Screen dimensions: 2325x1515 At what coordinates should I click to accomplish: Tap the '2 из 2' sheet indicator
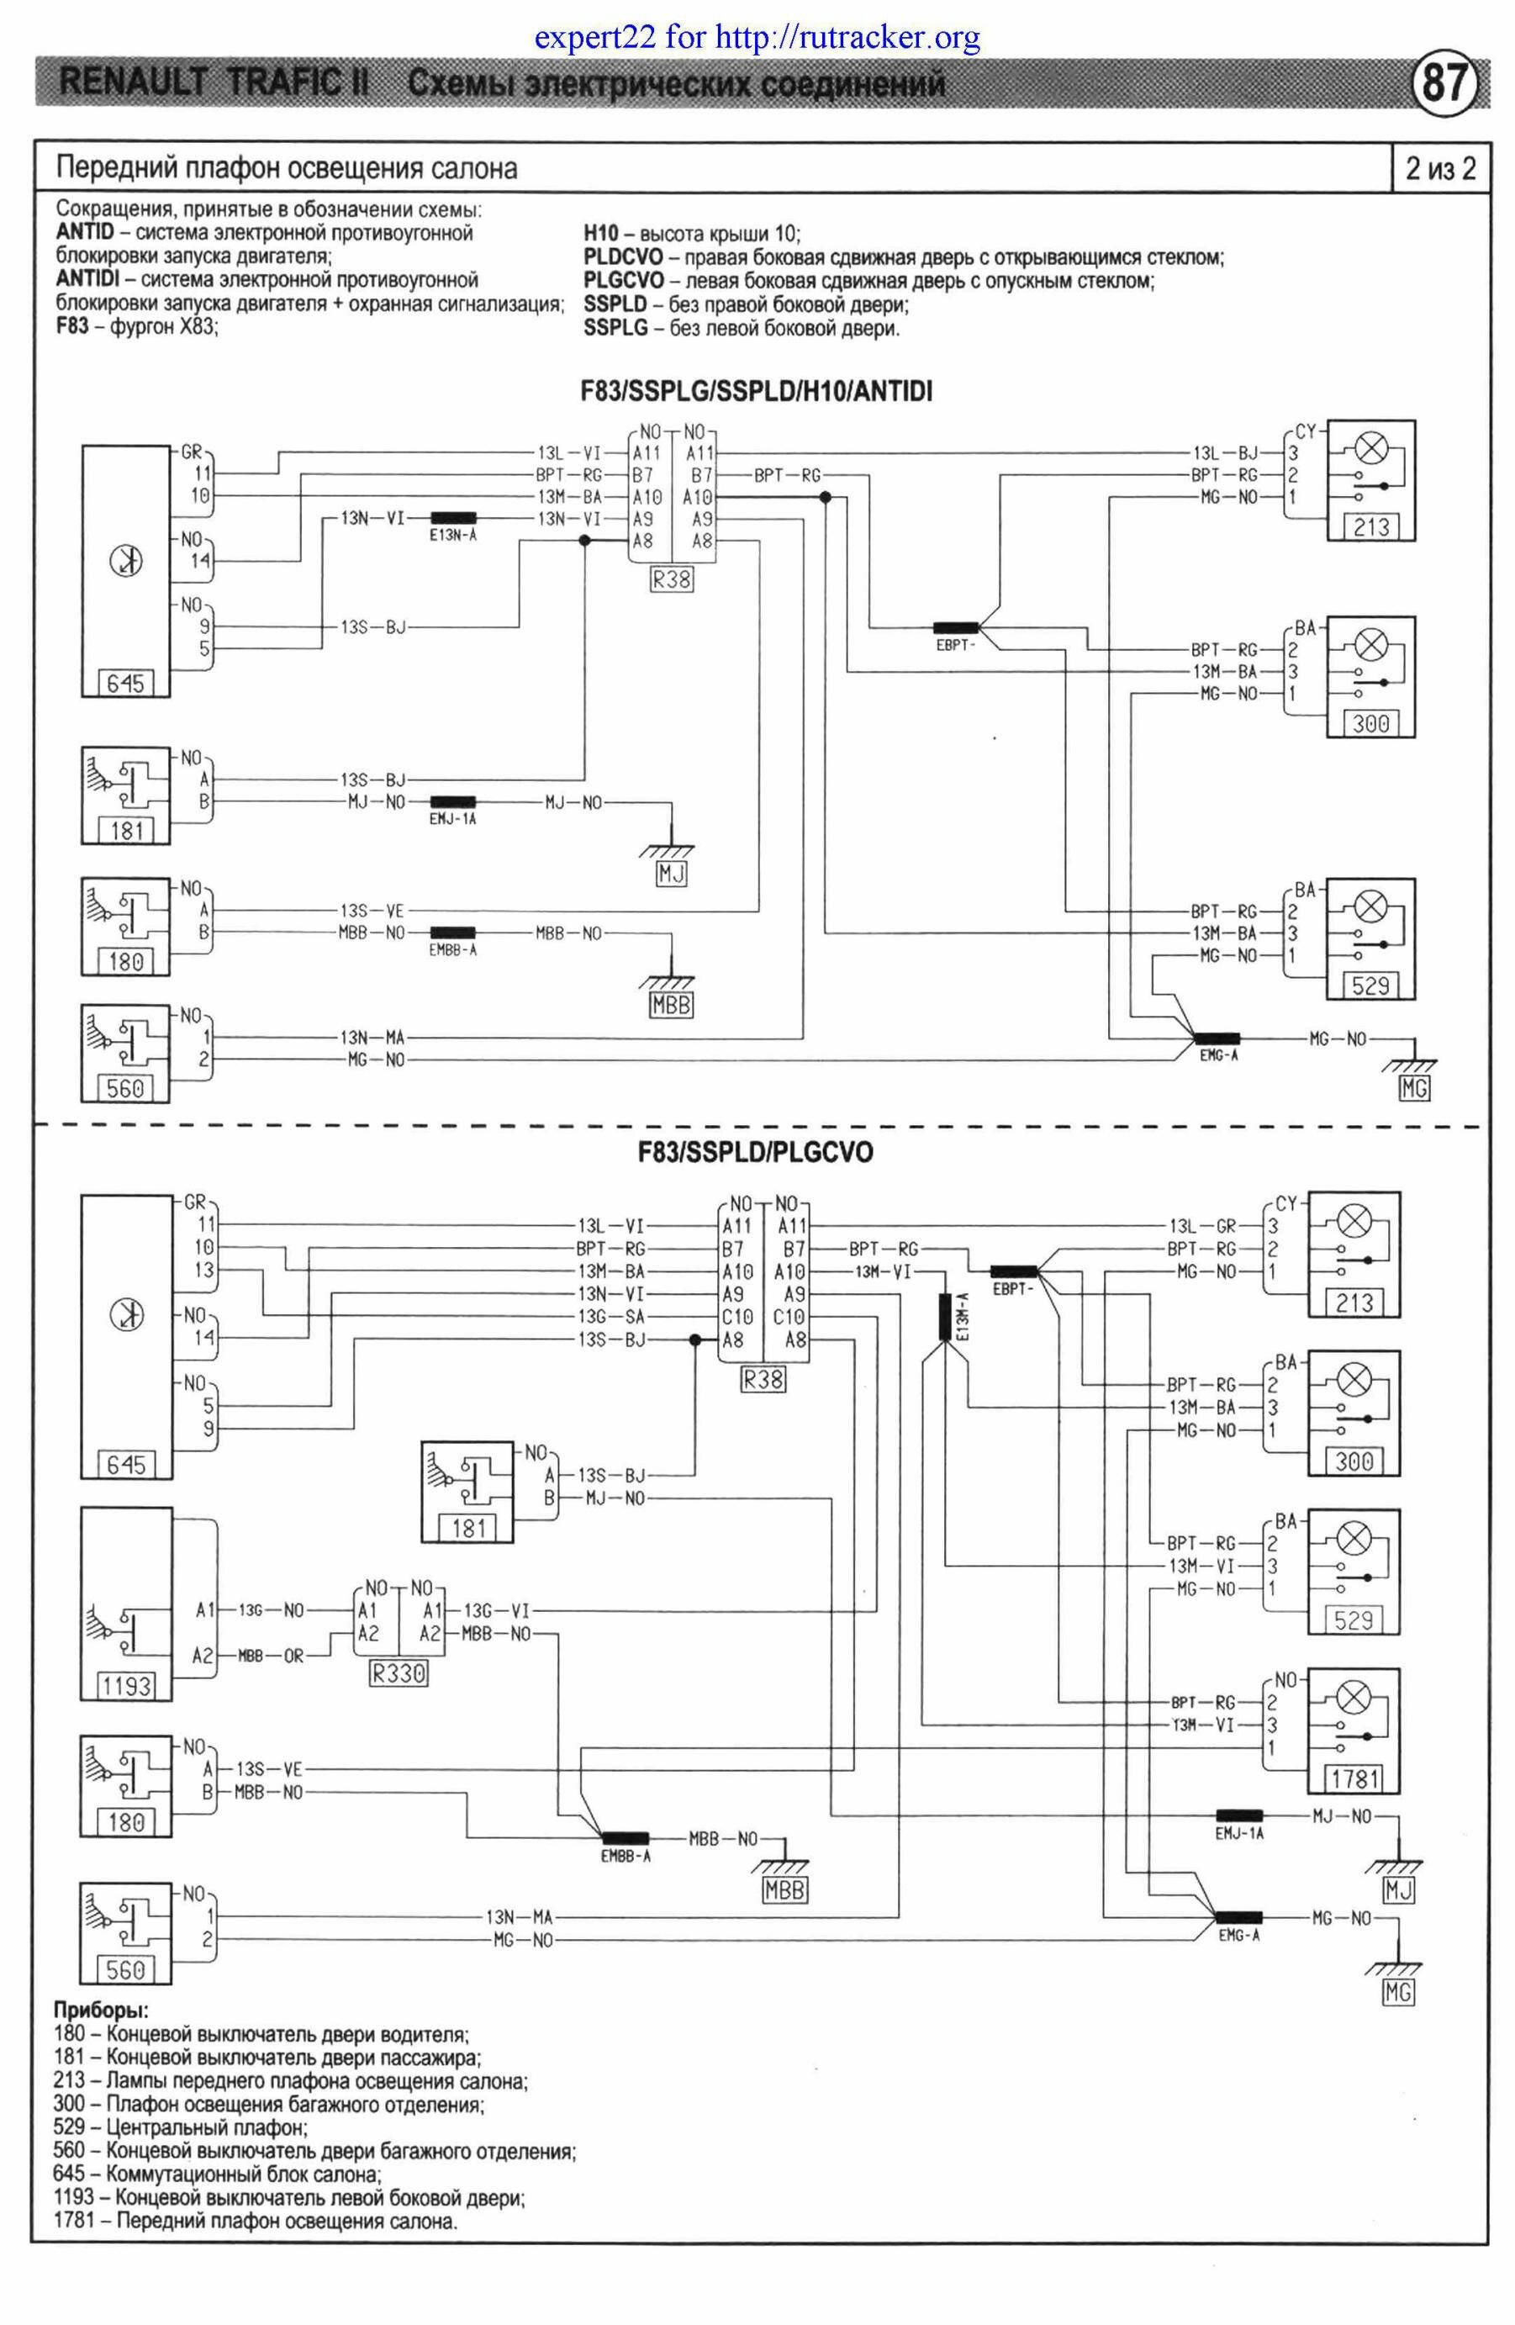(1441, 169)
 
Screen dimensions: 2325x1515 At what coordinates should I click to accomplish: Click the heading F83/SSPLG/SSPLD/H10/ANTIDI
(756, 392)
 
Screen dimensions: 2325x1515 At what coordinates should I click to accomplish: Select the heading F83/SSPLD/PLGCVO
(755, 1153)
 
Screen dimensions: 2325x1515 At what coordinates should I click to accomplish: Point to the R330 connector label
(399, 1672)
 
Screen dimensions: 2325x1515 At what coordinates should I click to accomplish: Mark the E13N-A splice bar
(453, 518)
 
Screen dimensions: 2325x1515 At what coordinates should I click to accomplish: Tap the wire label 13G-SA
(611, 1317)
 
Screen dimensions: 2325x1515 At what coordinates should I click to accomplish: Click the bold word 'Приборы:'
(102, 2011)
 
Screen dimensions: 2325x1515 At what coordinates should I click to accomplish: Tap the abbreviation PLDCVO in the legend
(623, 258)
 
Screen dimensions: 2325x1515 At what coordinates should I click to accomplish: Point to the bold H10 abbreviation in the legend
(601, 235)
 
